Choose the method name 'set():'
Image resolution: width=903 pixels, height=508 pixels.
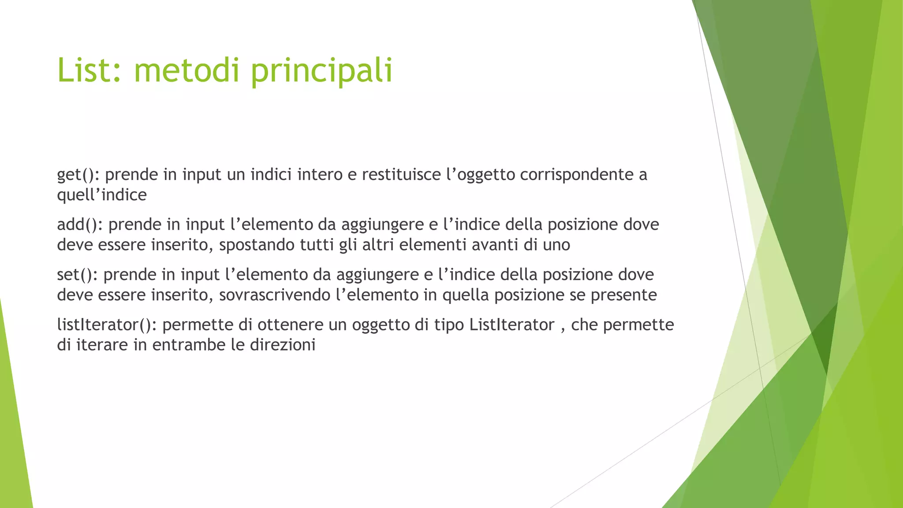coord(77,275)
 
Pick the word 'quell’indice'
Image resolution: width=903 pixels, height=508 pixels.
coord(102,194)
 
